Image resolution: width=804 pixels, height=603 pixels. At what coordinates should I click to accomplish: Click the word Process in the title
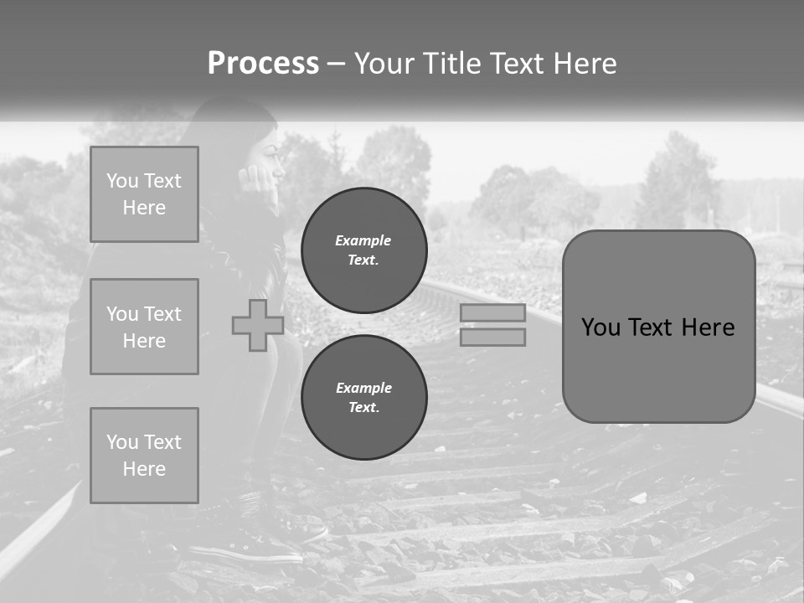click(x=263, y=64)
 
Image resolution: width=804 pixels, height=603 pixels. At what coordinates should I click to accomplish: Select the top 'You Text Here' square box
click(x=144, y=194)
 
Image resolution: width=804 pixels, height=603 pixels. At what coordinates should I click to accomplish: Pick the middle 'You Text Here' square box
click(x=144, y=327)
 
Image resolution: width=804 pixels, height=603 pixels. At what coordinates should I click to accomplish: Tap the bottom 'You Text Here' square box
click(x=144, y=456)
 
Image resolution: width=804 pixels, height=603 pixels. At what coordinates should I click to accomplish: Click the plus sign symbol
click(x=258, y=326)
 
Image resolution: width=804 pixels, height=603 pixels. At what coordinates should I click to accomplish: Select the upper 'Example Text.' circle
click(x=363, y=250)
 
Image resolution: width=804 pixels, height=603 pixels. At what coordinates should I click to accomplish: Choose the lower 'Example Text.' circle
click(x=363, y=398)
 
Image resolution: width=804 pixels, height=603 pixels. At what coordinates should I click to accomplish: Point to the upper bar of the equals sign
click(x=492, y=313)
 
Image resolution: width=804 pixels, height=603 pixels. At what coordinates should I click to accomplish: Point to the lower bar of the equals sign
click(x=492, y=338)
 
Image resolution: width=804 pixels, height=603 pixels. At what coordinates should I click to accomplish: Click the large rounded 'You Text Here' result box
click(x=658, y=368)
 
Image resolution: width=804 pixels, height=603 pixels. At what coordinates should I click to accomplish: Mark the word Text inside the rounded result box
click(x=656, y=327)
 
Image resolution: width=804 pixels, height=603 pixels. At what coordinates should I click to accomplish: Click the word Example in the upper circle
click(x=363, y=240)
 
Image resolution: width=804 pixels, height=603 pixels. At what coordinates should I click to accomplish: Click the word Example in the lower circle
click(x=364, y=388)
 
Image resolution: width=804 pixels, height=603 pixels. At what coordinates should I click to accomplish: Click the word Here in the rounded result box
click(x=709, y=327)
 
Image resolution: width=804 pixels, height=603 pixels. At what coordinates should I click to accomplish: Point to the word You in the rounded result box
click(x=601, y=327)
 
